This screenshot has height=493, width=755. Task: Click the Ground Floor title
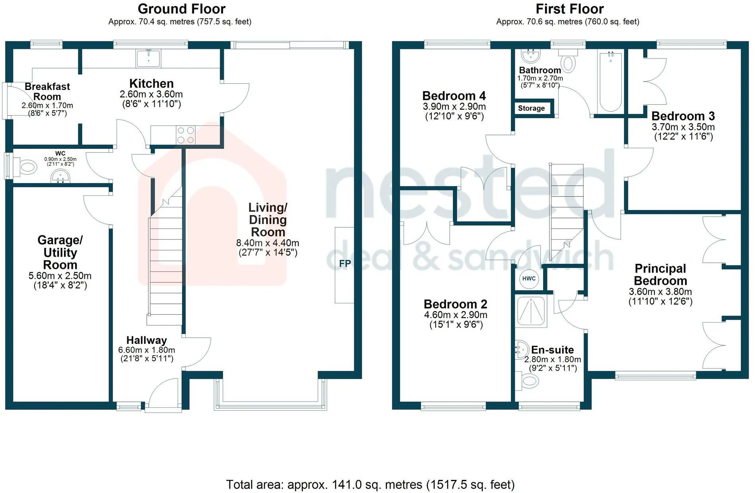coord(182,9)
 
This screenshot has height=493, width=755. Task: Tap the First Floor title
coord(569,9)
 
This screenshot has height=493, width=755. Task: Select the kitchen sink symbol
coord(148,58)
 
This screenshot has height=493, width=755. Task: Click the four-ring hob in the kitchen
coord(186,135)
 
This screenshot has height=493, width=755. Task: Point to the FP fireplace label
coord(345,263)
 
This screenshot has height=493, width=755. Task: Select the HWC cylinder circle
coord(529,279)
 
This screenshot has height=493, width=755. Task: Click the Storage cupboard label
coord(531,108)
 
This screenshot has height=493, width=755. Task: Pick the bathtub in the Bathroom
coord(610,81)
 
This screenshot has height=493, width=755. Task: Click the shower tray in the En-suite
coord(531,311)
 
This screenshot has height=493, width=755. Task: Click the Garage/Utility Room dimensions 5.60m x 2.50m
coord(60,276)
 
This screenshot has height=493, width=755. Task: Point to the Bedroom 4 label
coord(454,96)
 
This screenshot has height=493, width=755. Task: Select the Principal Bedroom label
coord(660,275)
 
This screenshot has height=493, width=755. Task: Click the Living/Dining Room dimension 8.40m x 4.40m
coord(268,243)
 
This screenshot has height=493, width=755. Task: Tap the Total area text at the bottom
coord(371,485)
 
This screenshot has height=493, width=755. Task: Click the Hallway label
coord(147,340)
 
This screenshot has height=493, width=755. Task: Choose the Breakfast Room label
coord(47,92)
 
